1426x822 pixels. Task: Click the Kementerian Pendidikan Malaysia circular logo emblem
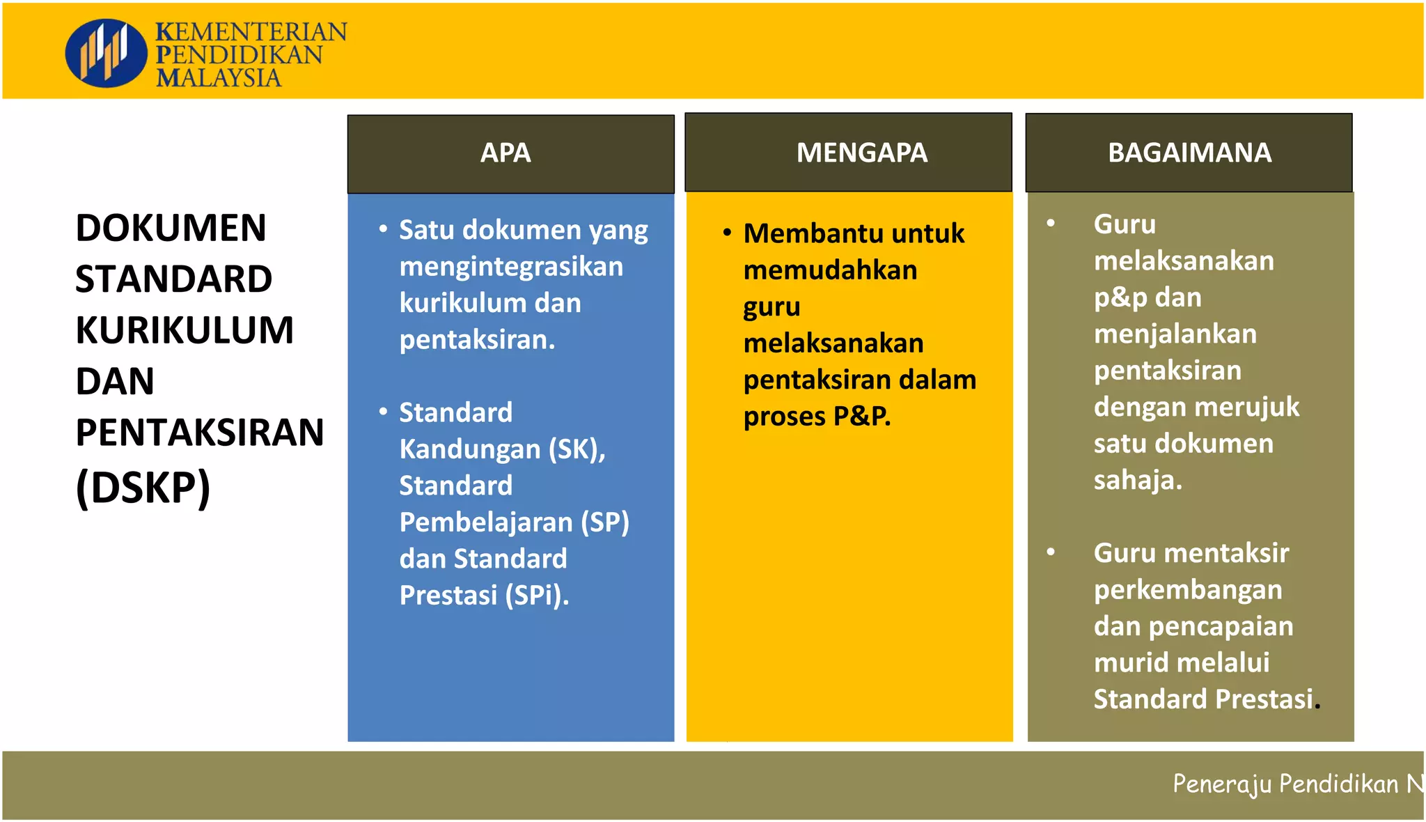tap(106, 53)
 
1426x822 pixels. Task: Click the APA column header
tap(506, 153)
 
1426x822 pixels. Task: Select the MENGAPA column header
tap(861, 153)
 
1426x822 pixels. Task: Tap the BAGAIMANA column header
tap(1189, 153)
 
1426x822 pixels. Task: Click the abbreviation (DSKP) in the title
tap(143, 487)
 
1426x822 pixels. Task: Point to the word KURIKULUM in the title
tap(185, 329)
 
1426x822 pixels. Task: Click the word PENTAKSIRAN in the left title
tap(200, 432)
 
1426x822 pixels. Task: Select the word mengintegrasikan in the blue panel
tap(511, 267)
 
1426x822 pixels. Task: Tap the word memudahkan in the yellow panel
tap(830, 270)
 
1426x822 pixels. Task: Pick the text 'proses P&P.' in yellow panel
tap(817, 417)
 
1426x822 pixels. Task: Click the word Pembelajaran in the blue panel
tap(485, 522)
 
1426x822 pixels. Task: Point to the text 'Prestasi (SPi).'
tap(484, 596)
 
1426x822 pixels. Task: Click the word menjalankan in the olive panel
tap(1175, 334)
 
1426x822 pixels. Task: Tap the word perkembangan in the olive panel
tap(1187, 590)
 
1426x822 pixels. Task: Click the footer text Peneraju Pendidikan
tap(1285, 784)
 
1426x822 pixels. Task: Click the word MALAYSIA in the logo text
tap(219, 78)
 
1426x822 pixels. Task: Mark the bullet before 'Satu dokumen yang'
tap(383, 228)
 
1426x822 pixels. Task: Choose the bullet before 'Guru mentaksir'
tap(1051, 552)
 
